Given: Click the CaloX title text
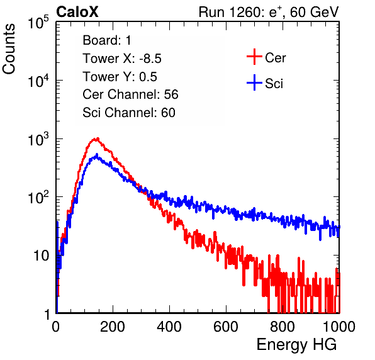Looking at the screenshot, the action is pyautogui.click(x=77, y=12).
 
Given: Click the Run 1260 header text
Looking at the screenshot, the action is pyautogui.click(x=269, y=12).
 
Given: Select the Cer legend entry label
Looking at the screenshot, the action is pyautogui.click(x=275, y=58).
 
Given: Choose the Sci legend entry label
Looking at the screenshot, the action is pyautogui.click(x=274, y=84).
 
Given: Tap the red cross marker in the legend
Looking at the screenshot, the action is pyautogui.click(x=254, y=57).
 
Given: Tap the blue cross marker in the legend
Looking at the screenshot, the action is pyautogui.click(x=254, y=82).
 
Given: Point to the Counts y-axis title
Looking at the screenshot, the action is pyautogui.click(x=9, y=49).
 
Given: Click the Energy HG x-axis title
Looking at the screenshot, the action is pyautogui.click(x=296, y=345).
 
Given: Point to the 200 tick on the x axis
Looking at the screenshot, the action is pyautogui.click(x=113, y=327).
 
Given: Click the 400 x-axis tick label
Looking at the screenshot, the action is pyautogui.click(x=169, y=327).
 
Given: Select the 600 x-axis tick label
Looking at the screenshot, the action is pyautogui.click(x=226, y=327).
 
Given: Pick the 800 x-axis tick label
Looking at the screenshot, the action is pyautogui.click(x=283, y=327).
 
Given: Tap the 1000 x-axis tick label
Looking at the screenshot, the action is pyautogui.click(x=339, y=327).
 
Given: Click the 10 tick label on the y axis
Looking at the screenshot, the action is pyautogui.click(x=41, y=256).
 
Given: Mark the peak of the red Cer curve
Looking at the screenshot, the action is pyautogui.click(x=97, y=138).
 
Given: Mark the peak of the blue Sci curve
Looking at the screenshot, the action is pyautogui.click(x=97, y=155).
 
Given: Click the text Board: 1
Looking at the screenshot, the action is pyautogui.click(x=107, y=40).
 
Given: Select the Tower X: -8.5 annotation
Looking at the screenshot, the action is pyautogui.click(x=122, y=59).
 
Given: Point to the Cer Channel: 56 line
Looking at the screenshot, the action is pyautogui.click(x=130, y=94).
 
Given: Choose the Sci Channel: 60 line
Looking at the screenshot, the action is pyautogui.click(x=129, y=113).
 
